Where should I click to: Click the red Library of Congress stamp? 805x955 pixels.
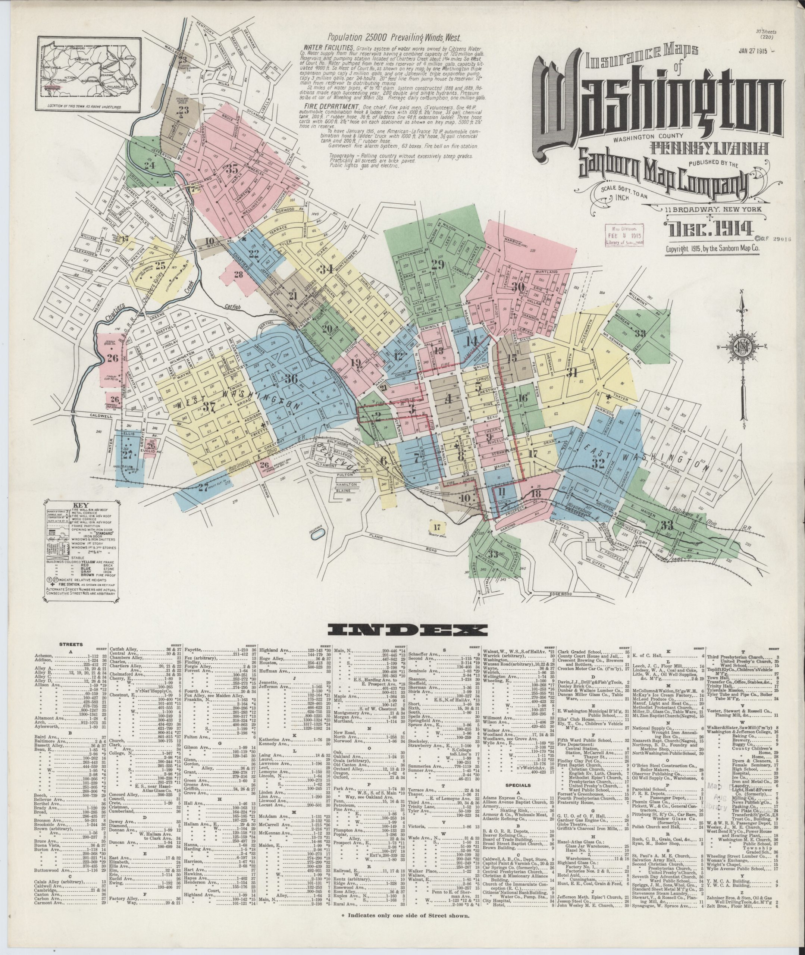(624, 237)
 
